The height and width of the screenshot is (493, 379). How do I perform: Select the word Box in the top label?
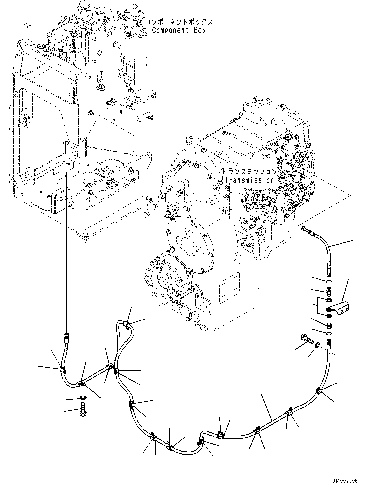click(200, 30)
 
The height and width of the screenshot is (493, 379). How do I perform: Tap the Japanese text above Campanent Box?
click(179, 22)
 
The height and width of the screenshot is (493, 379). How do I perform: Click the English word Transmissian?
click(249, 180)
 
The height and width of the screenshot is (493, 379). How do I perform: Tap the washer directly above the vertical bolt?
click(83, 397)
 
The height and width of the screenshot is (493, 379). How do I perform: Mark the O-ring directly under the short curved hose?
click(329, 282)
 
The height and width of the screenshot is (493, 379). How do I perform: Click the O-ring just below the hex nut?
click(329, 333)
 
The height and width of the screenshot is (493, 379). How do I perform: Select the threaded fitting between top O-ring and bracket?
click(329, 291)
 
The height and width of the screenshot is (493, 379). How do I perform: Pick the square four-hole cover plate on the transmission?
click(229, 288)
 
